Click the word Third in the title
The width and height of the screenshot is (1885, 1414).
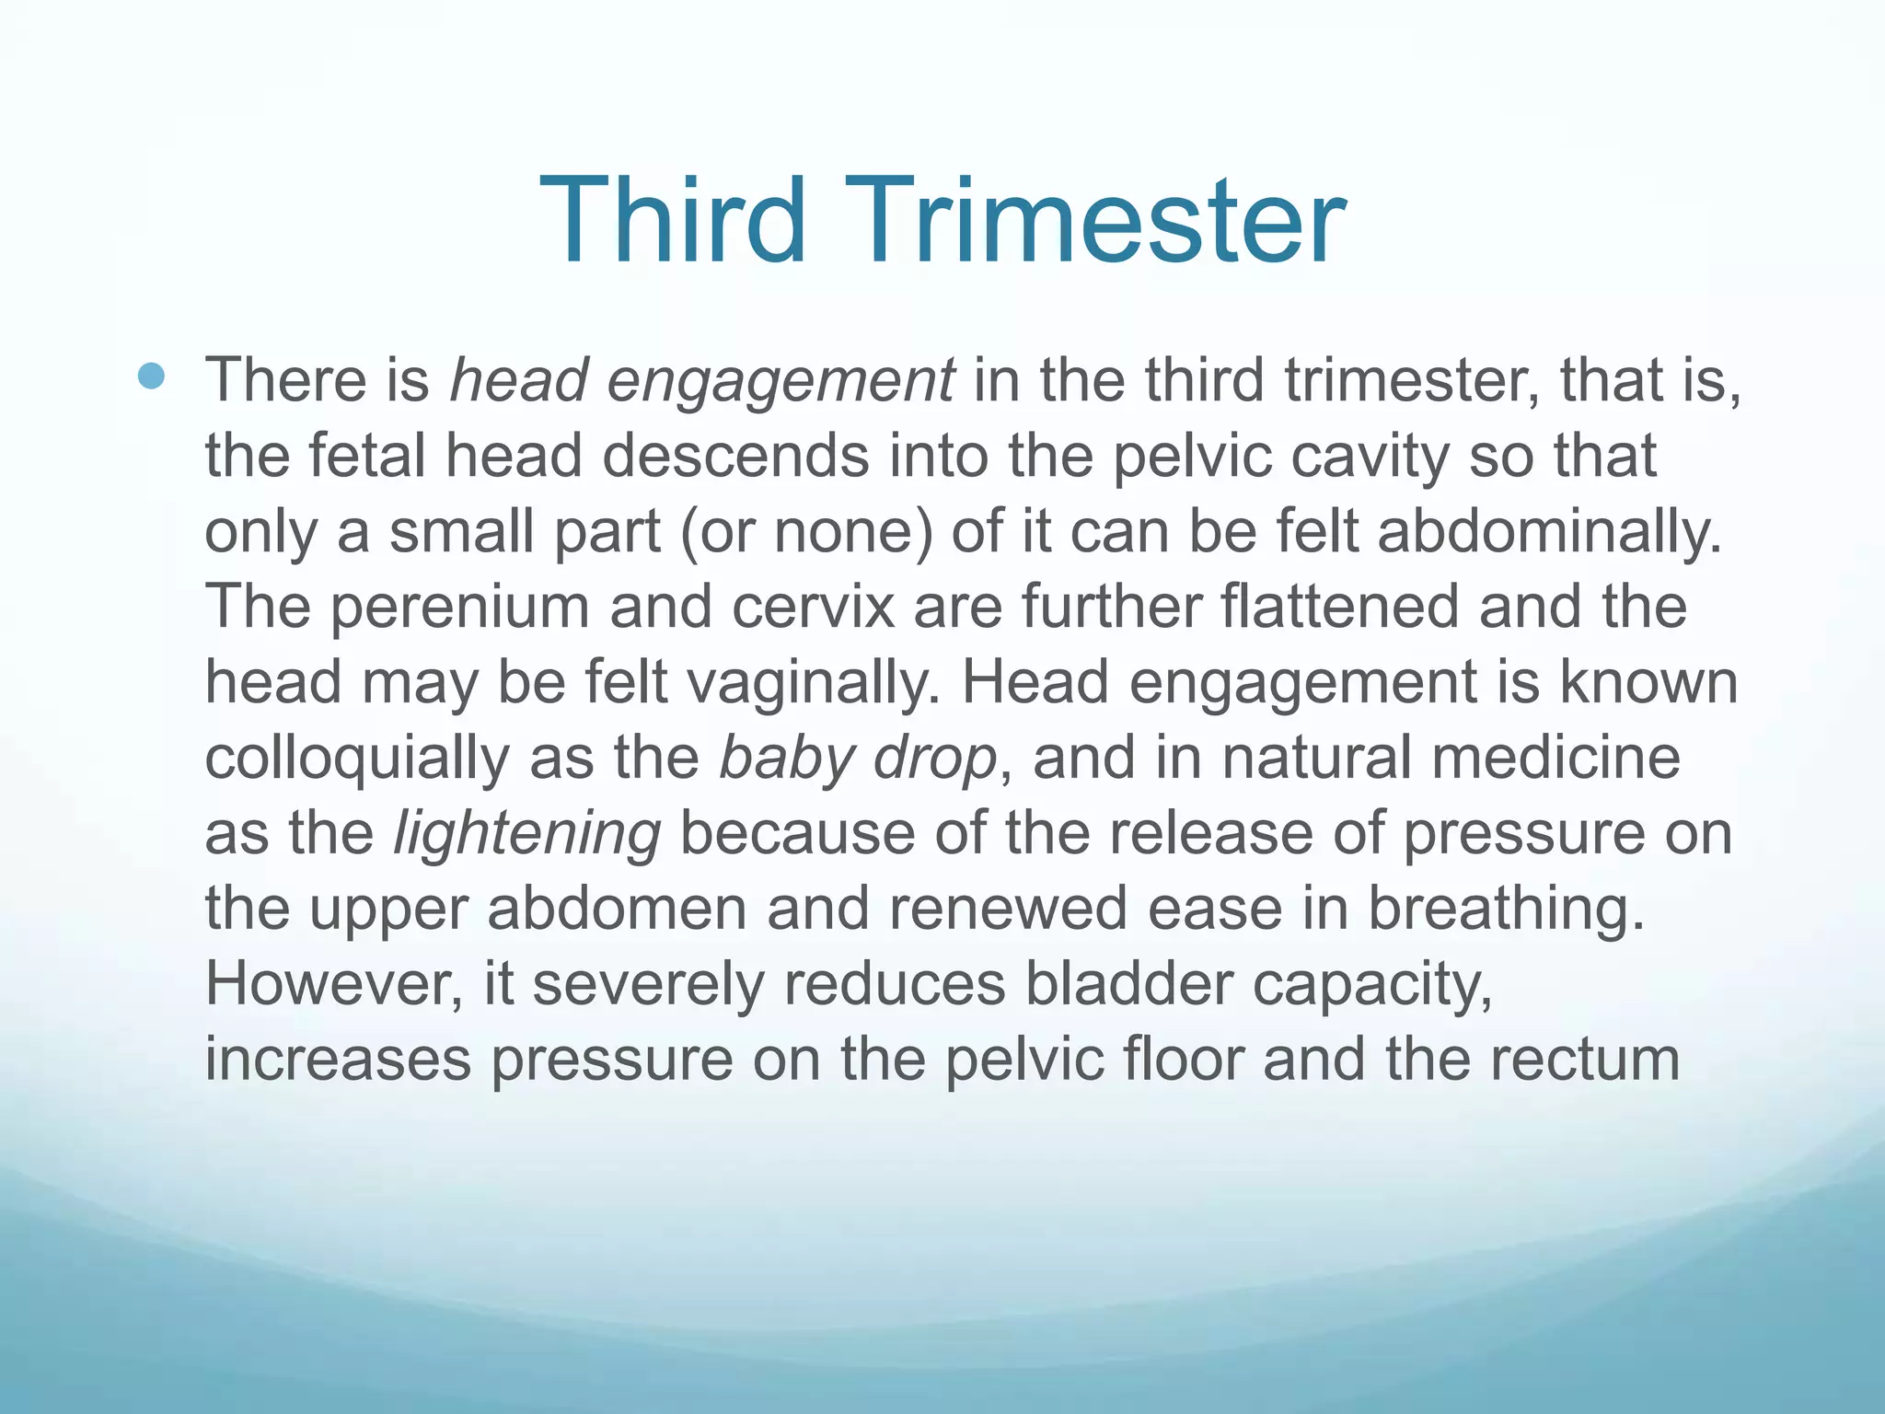tap(673, 221)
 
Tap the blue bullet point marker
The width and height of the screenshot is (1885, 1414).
tap(151, 376)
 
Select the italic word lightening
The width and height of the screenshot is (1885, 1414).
tap(526, 834)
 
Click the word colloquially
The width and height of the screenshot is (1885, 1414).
tap(356, 759)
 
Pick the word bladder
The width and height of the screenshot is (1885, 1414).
tap(1128, 983)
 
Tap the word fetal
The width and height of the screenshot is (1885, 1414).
tap(366, 457)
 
